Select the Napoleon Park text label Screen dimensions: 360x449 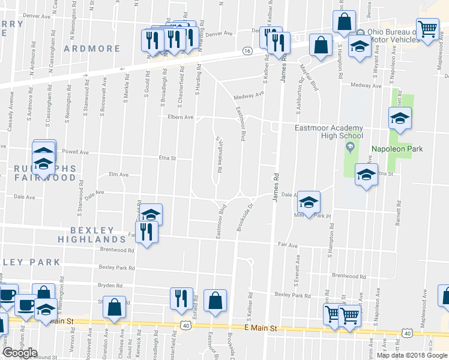pyautogui.click(x=397, y=149)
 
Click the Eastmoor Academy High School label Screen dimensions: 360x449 pyautogui.click(x=328, y=131)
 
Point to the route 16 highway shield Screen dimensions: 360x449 pyautogui.click(x=247, y=52)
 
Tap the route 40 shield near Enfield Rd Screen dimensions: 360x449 pyautogui.click(x=187, y=326)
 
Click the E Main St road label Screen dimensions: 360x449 pyautogui.click(x=260, y=329)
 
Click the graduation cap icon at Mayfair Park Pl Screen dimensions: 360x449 pyautogui.click(x=309, y=202)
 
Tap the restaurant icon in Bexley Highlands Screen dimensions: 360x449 pyautogui.click(x=146, y=231)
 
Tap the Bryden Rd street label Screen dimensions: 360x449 pyautogui.click(x=110, y=286)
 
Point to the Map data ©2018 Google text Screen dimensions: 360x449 pyautogui.click(x=412, y=355)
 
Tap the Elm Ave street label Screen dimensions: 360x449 pyautogui.click(x=118, y=175)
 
